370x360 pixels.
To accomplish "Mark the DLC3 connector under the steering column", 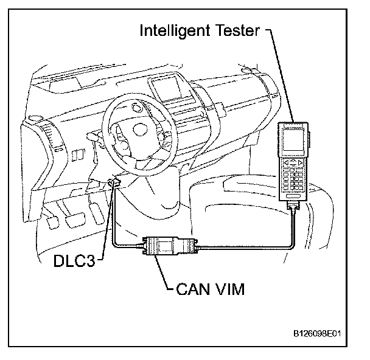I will point(113,181).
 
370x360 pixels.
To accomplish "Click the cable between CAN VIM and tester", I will point(243,246).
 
